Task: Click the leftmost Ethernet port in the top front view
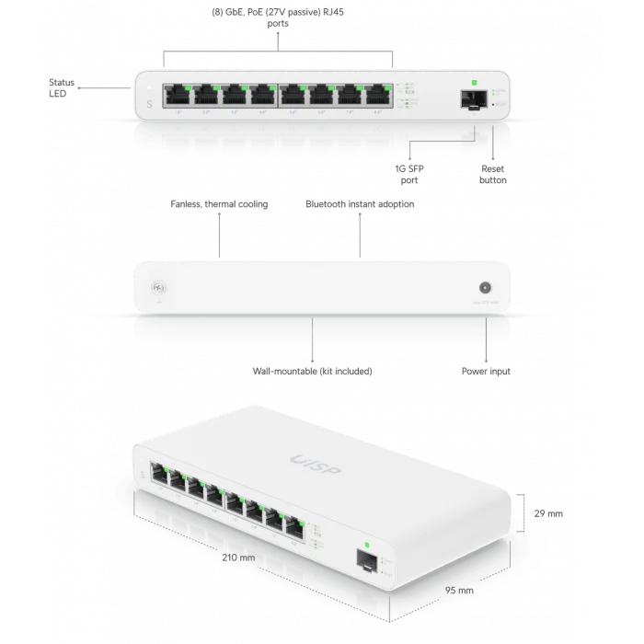[x=175, y=95]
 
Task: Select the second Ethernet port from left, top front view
[x=204, y=95]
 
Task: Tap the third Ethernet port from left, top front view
[x=234, y=95]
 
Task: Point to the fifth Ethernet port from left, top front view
[x=294, y=95]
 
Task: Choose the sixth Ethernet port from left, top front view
[x=324, y=95]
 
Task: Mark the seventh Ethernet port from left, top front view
[x=353, y=95]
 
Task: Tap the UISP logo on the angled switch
[x=315, y=464]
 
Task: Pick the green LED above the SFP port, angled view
[x=366, y=545]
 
